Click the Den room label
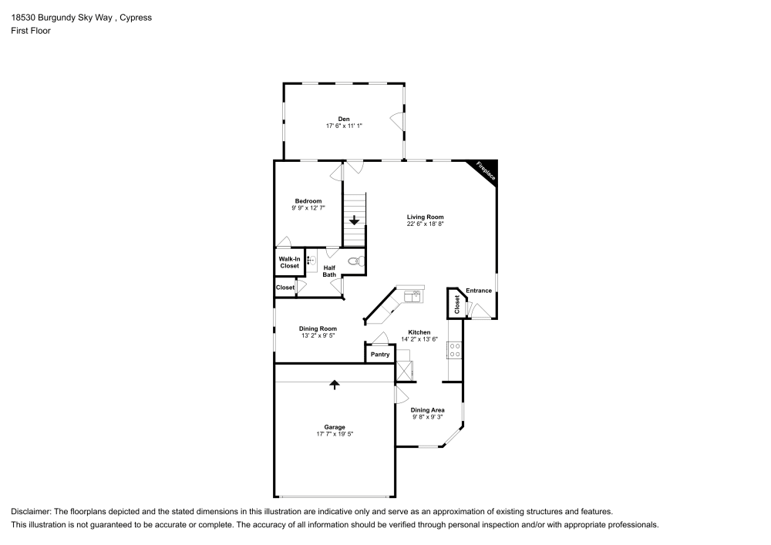[344, 119]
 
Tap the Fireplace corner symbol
[485, 170]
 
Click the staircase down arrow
[354, 221]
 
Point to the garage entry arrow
[335, 384]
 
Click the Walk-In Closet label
[289, 262]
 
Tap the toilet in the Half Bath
[355, 261]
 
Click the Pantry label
[380, 355]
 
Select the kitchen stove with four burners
[454, 351]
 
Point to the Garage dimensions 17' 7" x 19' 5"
[335, 435]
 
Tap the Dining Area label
[427, 410]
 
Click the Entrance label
[479, 291]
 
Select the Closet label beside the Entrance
[457, 304]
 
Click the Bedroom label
[308, 200]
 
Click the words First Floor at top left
[31, 31]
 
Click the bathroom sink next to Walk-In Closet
[311, 261]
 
